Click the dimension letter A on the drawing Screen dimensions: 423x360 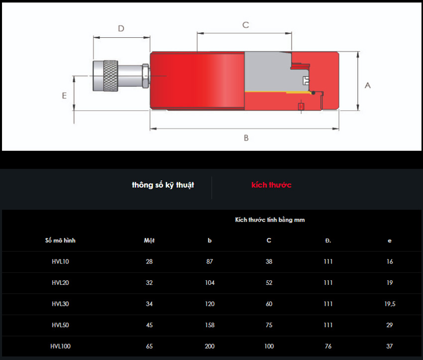(x=367, y=86)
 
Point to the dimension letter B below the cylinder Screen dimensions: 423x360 (x=246, y=138)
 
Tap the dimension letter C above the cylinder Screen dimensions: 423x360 (x=245, y=25)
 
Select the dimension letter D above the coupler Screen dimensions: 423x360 (x=121, y=28)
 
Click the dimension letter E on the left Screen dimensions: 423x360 (x=64, y=96)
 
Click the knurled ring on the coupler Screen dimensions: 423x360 (x=110, y=76)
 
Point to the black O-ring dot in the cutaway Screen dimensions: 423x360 (x=313, y=93)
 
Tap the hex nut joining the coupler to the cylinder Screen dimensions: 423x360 (x=145, y=76)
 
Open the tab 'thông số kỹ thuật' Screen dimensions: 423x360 (x=163, y=185)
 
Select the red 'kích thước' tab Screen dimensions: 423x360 (x=271, y=185)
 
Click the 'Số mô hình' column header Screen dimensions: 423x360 (x=60, y=240)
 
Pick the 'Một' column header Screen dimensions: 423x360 (x=149, y=240)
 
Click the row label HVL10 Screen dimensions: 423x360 (x=60, y=261)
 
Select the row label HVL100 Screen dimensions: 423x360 (x=60, y=346)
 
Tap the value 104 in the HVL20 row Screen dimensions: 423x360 (x=210, y=283)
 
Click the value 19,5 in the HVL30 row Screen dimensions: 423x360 (x=390, y=304)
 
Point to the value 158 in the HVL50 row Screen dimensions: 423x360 (x=210, y=325)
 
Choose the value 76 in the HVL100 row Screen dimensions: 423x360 (x=328, y=346)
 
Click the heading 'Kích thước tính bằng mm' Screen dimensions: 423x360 (x=270, y=220)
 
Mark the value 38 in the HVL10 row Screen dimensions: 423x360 (x=269, y=261)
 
